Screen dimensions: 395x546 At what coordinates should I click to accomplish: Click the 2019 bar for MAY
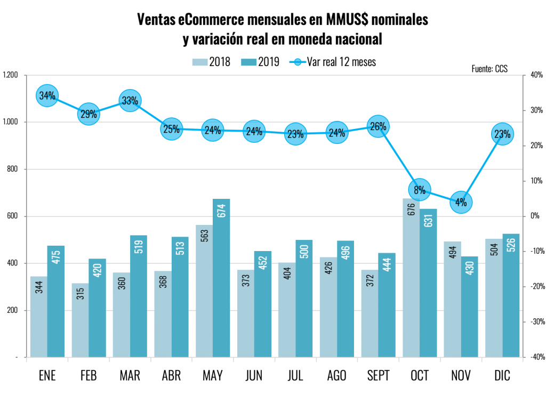pos(221,278)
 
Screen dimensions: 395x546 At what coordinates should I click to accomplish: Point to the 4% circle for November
pos(461,202)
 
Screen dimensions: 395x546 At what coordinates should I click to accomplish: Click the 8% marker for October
pos(420,189)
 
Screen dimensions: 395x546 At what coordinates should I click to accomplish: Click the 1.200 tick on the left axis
pos(11,75)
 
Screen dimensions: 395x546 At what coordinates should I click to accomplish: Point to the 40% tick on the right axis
pos(536,75)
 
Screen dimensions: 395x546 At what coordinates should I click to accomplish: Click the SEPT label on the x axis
pos(378,376)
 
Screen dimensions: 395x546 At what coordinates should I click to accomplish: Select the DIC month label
pos(502,376)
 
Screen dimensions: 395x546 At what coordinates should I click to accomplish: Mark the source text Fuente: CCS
pos(489,69)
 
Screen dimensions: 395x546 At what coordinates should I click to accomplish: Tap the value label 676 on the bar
pos(411,212)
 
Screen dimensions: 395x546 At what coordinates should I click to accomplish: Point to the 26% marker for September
pos(378,126)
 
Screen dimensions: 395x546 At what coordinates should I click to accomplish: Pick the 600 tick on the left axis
pos(12,216)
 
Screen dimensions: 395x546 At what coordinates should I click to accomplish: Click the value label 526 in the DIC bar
pos(511,246)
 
